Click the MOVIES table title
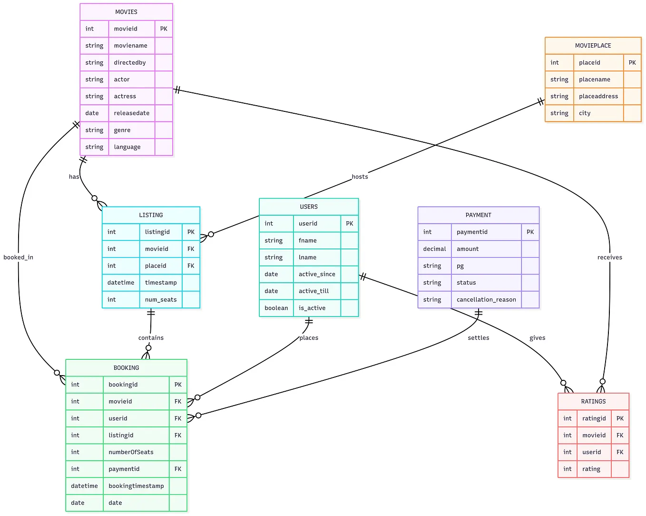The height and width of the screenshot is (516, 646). (x=126, y=12)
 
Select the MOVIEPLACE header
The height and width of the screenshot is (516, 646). (x=593, y=46)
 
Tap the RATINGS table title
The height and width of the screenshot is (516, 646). (x=593, y=401)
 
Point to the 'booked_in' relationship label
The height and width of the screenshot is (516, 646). (x=18, y=258)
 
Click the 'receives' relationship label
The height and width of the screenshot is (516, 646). (x=609, y=258)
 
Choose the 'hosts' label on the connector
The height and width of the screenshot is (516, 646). (x=360, y=177)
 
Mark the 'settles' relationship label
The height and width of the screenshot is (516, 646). (x=478, y=338)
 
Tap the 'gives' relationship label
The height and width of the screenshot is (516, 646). (x=537, y=338)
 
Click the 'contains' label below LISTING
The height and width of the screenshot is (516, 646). (x=151, y=338)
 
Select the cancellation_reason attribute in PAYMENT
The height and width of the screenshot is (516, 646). (x=486, y=300)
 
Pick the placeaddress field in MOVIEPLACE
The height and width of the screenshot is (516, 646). (x=598, y=96)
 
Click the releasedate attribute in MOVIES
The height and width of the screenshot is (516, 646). (x=131, y=113)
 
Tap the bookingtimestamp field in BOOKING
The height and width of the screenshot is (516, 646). (x=136, y=486)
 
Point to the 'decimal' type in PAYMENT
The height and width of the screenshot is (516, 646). (x=434, y=249)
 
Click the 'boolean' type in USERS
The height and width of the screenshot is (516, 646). (x=276, y=308)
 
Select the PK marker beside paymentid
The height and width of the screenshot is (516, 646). (x=530, y=232)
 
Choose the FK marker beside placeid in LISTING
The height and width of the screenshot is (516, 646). (x=191, y=266)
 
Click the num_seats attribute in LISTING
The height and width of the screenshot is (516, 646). (x=161, y=300)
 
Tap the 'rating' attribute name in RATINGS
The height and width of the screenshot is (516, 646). (x=591, y=469)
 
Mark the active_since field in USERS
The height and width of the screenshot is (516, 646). (x=317, y=274)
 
